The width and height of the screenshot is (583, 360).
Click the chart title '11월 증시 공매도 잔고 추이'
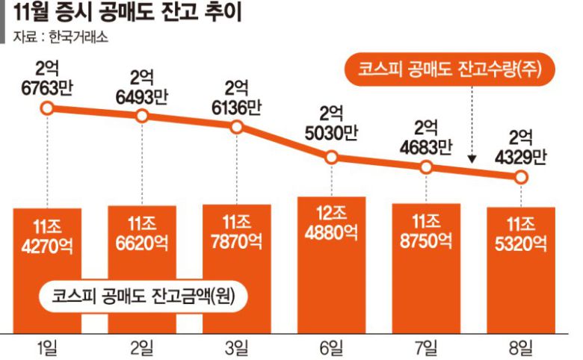coord(123,14)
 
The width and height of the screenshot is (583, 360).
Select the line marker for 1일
coord(47,108)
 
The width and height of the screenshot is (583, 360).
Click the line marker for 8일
coord(521,177)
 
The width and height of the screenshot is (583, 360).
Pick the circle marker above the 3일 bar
coord(237,126)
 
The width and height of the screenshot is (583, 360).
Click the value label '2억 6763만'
coord(47,79)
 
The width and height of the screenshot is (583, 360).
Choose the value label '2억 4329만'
coord(521,146)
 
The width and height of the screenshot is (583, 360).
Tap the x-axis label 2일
coord(142,346)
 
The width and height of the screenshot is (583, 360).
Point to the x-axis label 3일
coord(237,346)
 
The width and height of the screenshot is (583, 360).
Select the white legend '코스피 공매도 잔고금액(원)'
coord(143,294)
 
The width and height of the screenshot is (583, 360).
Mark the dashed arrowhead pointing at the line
coord(472,159)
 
